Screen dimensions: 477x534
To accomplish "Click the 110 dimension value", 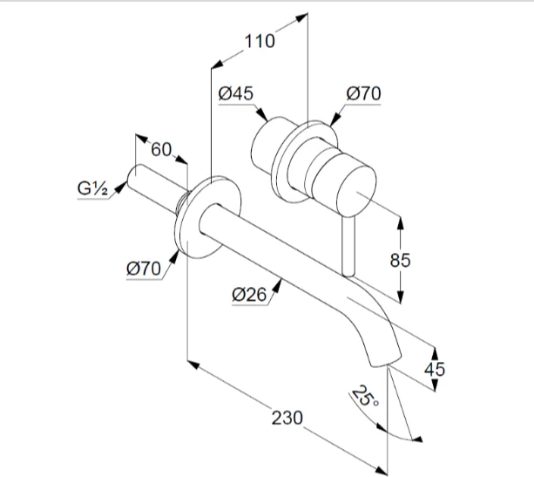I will [x=260, y=40].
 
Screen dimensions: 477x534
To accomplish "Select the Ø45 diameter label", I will [x=237, y=92].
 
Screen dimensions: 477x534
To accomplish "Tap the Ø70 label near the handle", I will [x=363, y=92].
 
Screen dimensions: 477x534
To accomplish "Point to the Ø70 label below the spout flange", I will [x=144, y=269].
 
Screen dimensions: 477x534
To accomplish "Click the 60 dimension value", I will [x=161, y=149].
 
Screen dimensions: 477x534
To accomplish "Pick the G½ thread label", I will [x=91, y=188].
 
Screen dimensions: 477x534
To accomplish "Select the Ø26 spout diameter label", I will [x=249, y=295].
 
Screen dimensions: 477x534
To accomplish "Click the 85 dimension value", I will [x=401, y=260].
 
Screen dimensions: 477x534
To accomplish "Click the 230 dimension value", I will [x=287, y=418].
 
